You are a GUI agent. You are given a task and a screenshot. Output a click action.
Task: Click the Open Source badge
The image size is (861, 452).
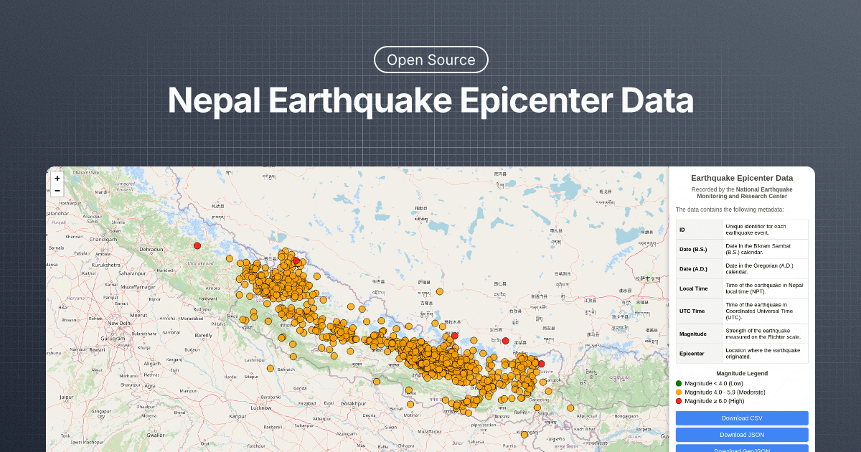coord(430,60)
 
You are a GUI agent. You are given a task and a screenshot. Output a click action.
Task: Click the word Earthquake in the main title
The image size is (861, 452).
coord(359,100)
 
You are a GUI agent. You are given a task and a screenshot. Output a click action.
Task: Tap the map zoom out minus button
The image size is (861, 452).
coord(57,190)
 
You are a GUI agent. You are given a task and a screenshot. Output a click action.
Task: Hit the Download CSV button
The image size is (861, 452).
coord(742,418)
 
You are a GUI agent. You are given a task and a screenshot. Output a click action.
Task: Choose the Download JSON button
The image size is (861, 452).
coord(742,435)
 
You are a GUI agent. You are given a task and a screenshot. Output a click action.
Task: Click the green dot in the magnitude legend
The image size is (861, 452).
coord(679,383)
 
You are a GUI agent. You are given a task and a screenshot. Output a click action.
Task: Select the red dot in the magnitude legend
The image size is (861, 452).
coord(679,401)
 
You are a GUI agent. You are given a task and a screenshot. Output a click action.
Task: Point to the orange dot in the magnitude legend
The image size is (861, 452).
coord(679,392)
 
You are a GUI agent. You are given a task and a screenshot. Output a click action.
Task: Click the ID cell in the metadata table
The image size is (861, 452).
coord(682,230)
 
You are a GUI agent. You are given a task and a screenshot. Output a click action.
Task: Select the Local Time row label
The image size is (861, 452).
coord(693,288)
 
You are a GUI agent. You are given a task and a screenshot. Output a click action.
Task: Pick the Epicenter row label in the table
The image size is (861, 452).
coord(692,353)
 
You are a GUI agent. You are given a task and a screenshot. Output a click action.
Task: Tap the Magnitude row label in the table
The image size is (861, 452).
coord(693,334)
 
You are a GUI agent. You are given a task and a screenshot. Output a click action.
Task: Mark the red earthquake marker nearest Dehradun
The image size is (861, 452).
coord(197,245)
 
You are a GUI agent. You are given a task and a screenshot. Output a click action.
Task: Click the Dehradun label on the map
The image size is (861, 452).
coord(151,250)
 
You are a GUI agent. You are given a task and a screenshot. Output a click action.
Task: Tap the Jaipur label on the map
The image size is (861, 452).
coord(67,397)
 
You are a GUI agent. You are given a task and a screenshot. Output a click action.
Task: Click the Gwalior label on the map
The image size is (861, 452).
coord(156,435)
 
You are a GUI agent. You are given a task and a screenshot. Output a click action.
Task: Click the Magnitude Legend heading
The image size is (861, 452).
coord(742,373)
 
